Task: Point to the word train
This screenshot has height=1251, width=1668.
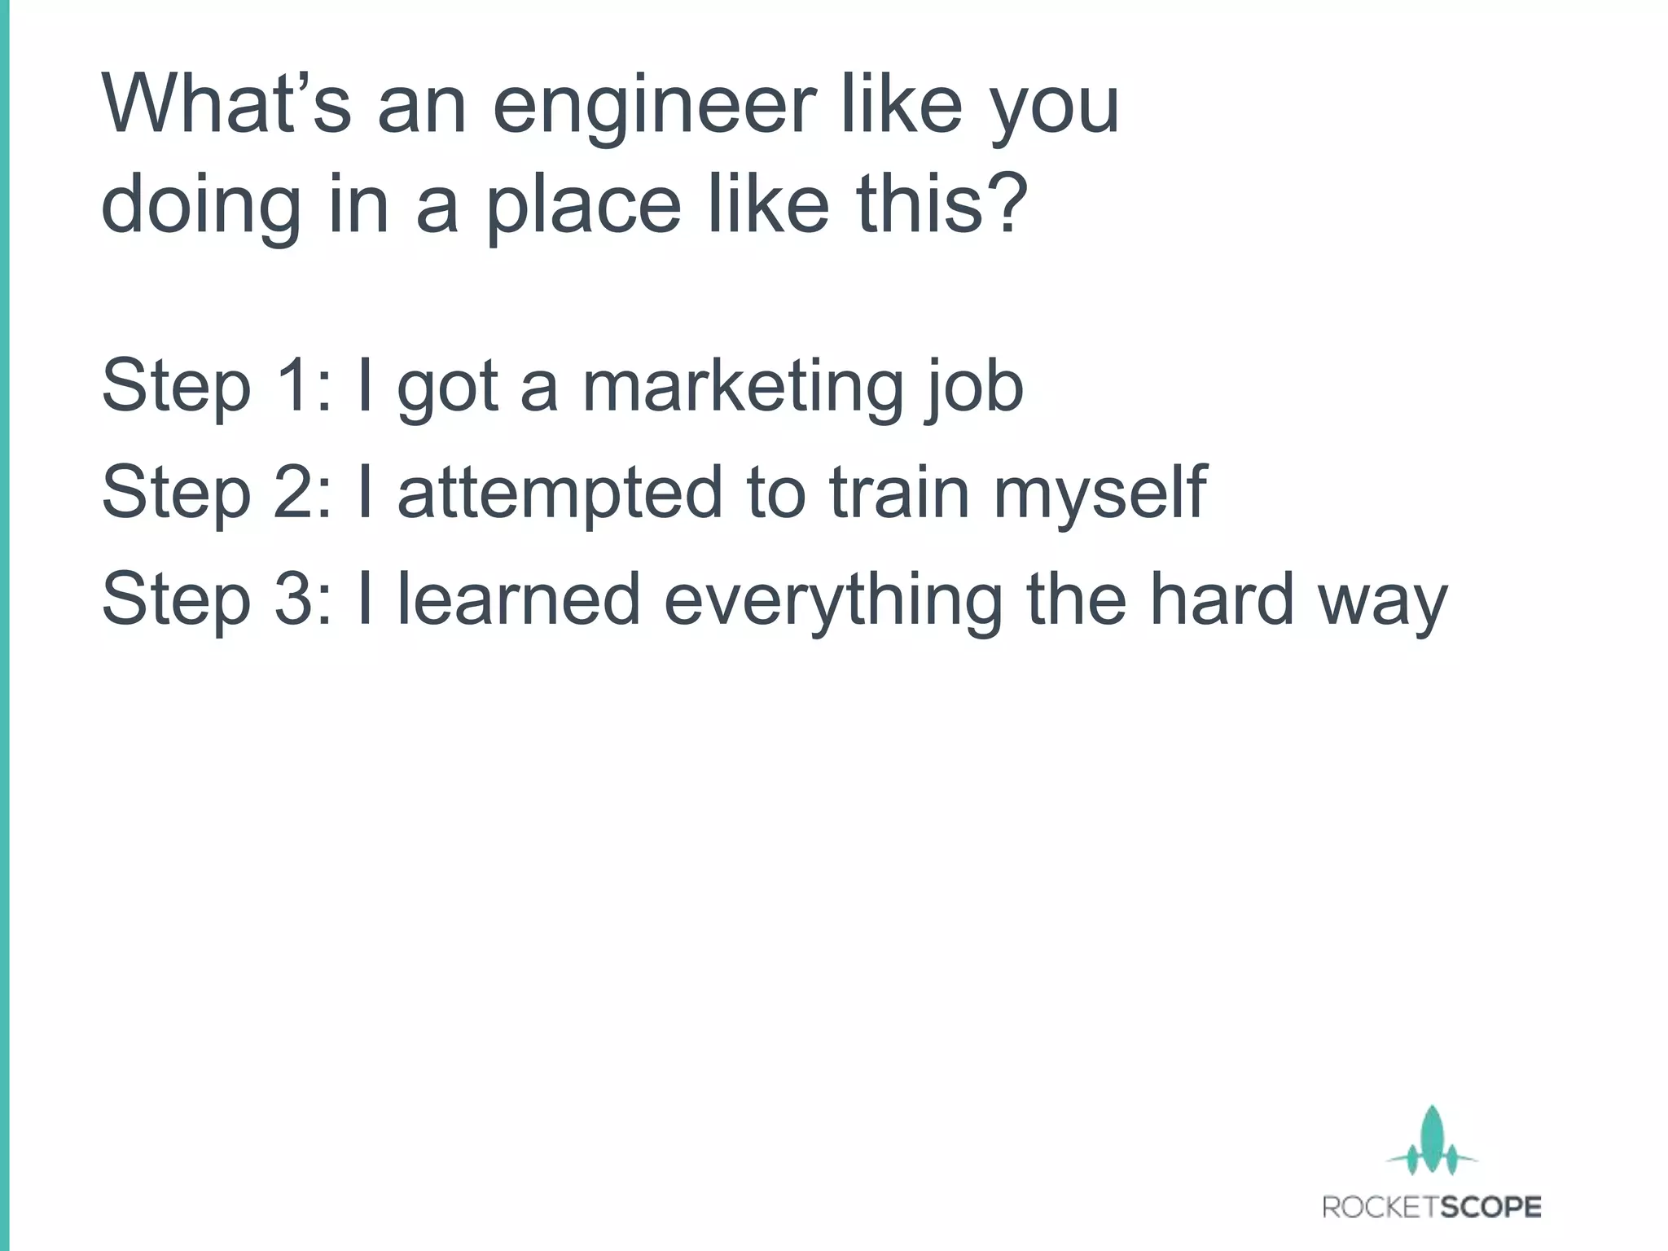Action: (899, 493)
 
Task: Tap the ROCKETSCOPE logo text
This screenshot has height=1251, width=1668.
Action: (1432, 1207)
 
